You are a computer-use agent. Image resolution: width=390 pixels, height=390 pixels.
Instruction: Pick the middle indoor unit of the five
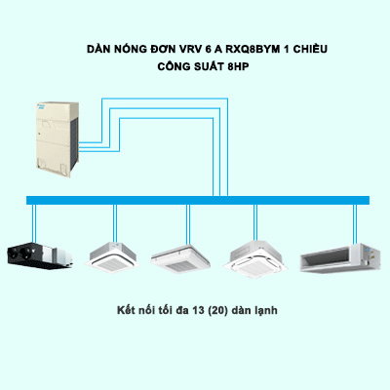(x=186, y=255)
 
